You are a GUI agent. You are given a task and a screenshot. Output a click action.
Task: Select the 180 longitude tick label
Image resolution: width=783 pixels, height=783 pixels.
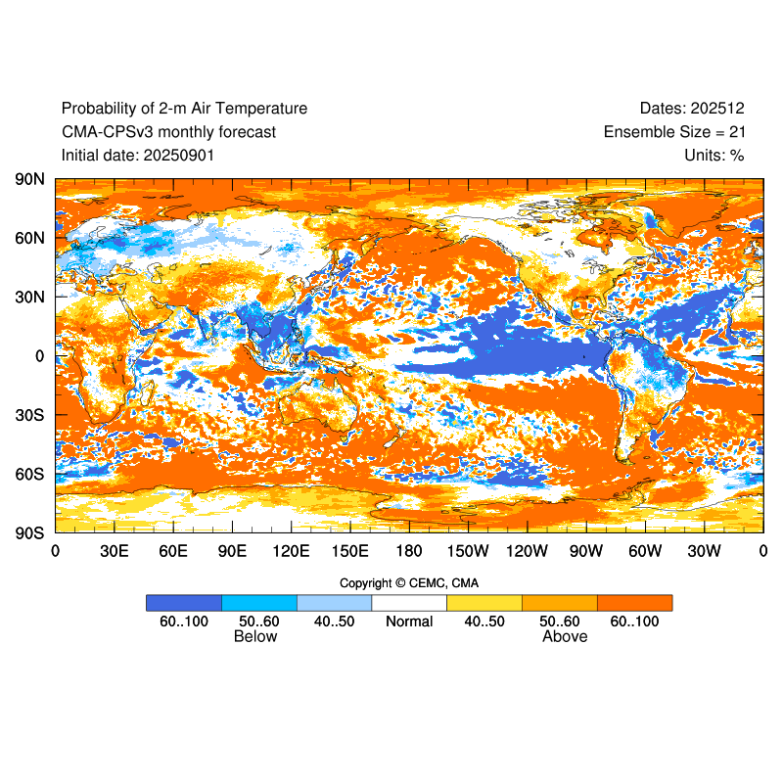point(409,551)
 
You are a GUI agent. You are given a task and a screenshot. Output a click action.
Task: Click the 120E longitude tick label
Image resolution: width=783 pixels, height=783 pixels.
point(291,551)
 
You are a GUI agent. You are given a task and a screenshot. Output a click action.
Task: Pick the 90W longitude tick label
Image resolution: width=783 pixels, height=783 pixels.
point(586,551)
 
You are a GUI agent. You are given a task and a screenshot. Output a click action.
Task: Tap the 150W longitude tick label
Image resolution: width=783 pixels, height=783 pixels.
point(468,551)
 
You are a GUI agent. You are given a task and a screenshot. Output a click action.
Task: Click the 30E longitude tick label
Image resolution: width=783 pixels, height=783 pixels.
point(115,551)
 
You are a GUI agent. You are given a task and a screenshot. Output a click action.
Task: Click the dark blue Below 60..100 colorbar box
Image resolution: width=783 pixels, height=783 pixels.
point(184,603)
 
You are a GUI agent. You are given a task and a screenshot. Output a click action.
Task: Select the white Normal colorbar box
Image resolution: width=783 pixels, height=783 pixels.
point(409,603)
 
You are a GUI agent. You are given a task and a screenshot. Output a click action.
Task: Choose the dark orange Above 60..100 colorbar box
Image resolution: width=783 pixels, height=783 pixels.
point(634,603)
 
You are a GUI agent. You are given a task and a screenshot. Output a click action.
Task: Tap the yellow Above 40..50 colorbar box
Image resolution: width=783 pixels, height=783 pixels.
point(484,603)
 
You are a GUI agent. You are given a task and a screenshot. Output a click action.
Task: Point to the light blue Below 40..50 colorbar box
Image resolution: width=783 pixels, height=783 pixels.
point(334,603)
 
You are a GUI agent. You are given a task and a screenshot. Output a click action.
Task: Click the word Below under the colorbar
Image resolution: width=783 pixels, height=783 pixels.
point(255,637)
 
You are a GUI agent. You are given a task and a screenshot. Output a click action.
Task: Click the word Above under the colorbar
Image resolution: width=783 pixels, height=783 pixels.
point(565,637)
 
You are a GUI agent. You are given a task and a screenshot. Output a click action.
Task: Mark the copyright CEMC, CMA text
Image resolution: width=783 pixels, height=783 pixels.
point(409,583)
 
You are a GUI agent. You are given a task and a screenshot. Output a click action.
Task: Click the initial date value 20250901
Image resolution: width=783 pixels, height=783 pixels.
point(179,155)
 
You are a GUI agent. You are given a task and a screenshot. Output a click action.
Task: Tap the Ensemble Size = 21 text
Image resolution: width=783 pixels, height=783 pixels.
point(674,132)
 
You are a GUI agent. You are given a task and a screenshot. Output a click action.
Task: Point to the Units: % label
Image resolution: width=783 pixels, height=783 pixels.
point(714,155)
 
